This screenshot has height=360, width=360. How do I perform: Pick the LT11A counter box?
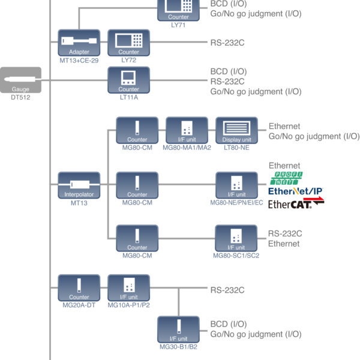pyautogui.click(x=128, y=80)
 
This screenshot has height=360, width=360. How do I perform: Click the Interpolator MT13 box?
pyautogui.click(x=79, y=185)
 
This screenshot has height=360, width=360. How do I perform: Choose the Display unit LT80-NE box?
pyautogui.click(x=237, y=131)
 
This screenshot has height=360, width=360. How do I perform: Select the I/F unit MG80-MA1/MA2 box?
pyautogui.click(x=187, y=131)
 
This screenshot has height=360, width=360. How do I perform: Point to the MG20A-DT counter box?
pyautogui.click(x=79, y=288)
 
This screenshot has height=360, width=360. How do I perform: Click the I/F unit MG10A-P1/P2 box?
pyautogui.click(x=128, y=288)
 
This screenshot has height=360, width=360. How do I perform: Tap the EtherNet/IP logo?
pyautogui.click(x=295, y=191)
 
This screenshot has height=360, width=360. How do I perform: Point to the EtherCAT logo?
pyautogui.click(x=295, y=204)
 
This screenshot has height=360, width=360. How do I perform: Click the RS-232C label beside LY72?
pyautogui.click(x=227, y=43)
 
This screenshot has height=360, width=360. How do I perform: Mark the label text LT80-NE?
pyautogui.click(x=237, y=148)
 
